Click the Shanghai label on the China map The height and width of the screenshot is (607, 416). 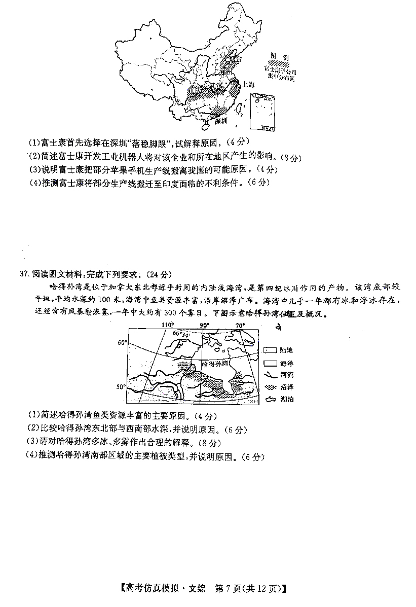(x=248, y=85)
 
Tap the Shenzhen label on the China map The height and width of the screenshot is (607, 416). (x=221, y=121)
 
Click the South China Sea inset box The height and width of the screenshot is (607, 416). (x=262, y=112)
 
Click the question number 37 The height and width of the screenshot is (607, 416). (x=24, y=274)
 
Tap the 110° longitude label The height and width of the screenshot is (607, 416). (x=167, y=325)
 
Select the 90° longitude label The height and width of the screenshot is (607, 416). (x=204, y=325)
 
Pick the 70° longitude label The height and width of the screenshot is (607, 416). (x=240, y=325)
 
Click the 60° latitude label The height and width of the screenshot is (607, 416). (x=122, y=343)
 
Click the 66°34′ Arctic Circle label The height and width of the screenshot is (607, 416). (x=181, y=333)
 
